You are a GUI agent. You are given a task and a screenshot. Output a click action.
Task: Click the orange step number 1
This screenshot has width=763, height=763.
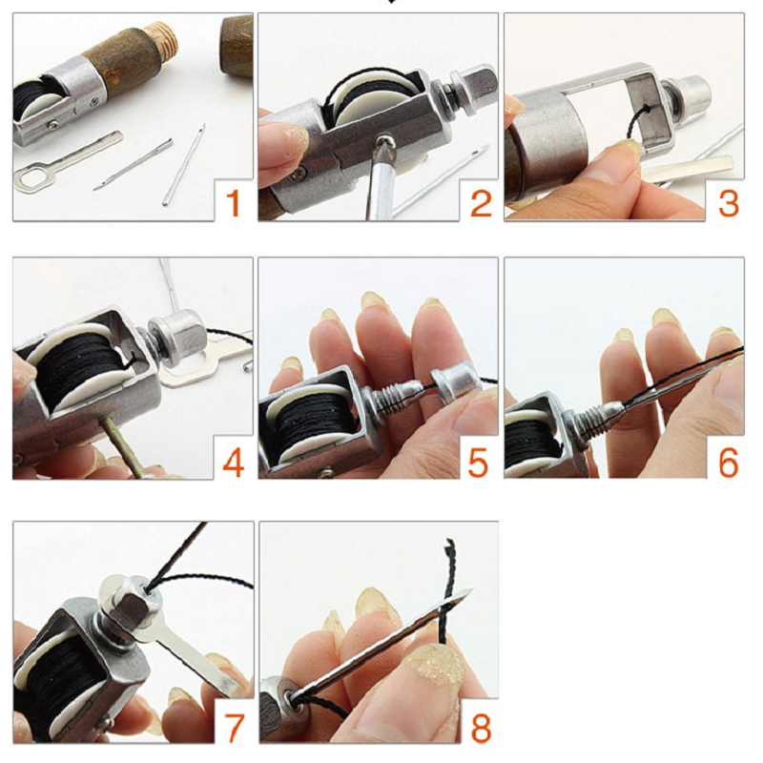(234, 203)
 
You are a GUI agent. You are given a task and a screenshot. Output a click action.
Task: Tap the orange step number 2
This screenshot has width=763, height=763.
(481, 203)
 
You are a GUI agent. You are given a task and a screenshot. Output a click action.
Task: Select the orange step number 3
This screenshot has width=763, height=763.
(728, 203)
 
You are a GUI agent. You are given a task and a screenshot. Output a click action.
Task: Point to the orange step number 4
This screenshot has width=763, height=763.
(233, 463)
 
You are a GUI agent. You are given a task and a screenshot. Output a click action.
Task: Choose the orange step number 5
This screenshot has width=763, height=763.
(478, 463)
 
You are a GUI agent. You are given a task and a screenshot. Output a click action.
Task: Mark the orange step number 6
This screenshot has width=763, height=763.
(728, 463)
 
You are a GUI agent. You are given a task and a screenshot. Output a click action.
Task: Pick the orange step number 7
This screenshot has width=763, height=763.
(234, 728)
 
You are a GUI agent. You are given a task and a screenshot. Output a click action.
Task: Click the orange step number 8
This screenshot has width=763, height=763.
(481, 728)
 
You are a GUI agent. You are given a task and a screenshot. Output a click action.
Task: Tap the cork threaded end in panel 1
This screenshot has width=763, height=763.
(163, 38)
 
